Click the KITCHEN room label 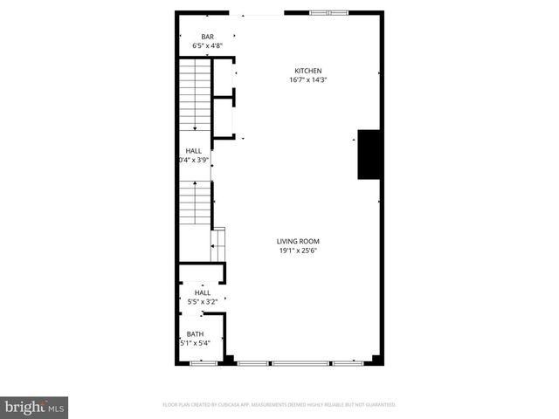(x=308, y=71)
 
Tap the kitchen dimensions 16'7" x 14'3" (x=308, y=79)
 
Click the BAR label (x=208, y=37)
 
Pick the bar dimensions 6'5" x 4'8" (x=208, y=45)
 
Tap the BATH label (x=194, y=333)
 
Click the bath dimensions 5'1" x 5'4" (x=194, y=343)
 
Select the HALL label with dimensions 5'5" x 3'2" (x=202, y=292)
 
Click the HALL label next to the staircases (x=193, y=150)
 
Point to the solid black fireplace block (x=368, y=155)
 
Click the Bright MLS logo (x=35, y=407)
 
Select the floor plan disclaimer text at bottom (x=279, y=405)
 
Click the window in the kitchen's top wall (x=329, y=12)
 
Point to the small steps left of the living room (x=219, y=240)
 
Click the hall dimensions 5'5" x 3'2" (x=202, y=302)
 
